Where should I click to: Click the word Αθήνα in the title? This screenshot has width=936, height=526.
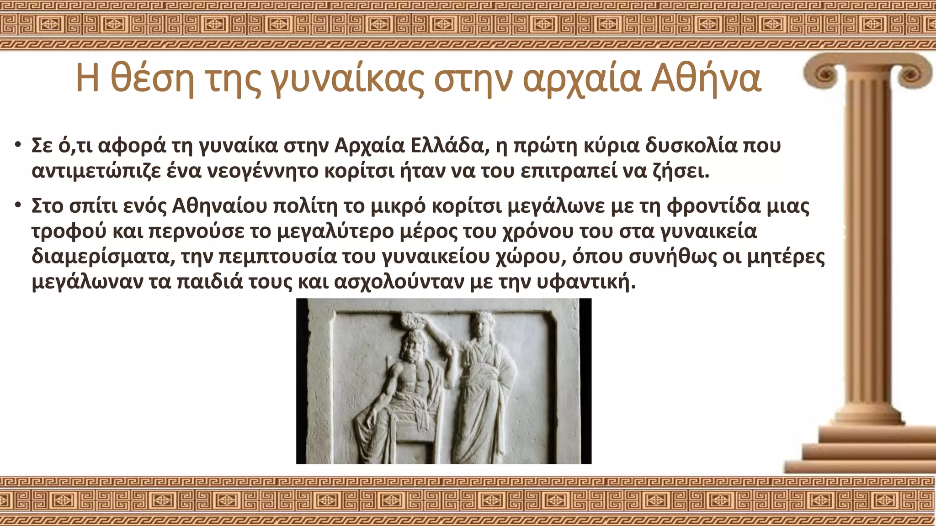coord(706,79)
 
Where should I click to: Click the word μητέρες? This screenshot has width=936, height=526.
coord(786,256)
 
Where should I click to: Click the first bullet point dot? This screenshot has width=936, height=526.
coord(18,146)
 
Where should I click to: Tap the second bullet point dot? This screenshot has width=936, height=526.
coord(18,206)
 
